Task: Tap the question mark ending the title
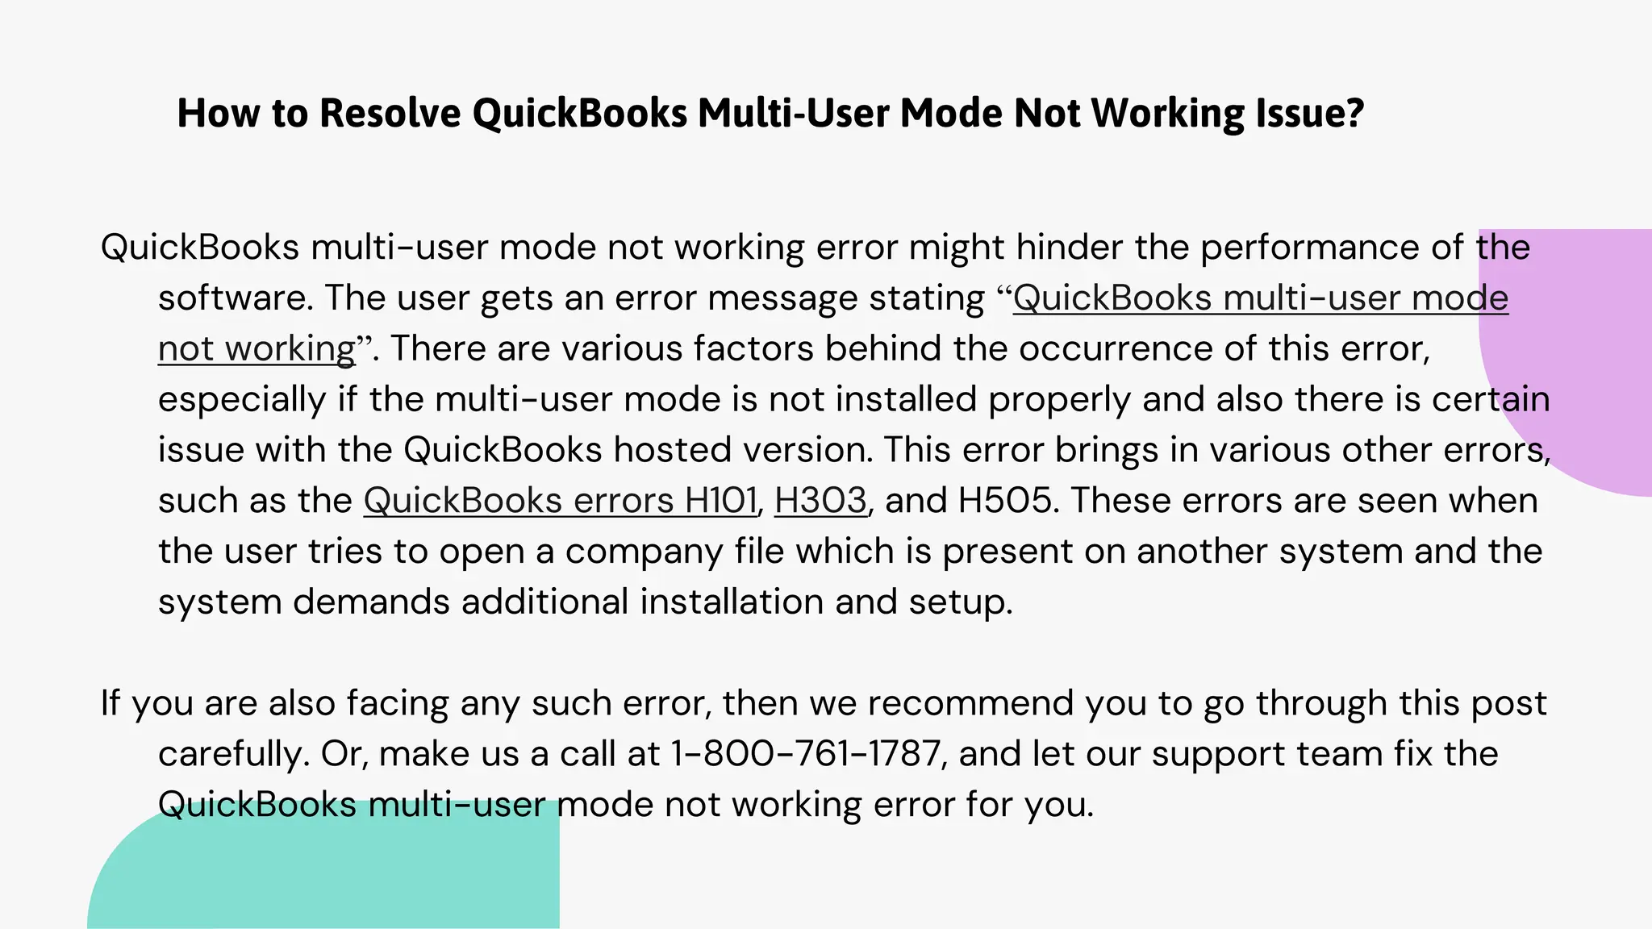[x=1355, y=113]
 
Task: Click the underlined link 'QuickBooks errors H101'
[x=560, y=501]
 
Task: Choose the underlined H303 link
[x=820, y=501]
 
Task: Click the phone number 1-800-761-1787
[x=804, y=754]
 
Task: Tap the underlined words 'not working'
[x=257, y=349]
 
